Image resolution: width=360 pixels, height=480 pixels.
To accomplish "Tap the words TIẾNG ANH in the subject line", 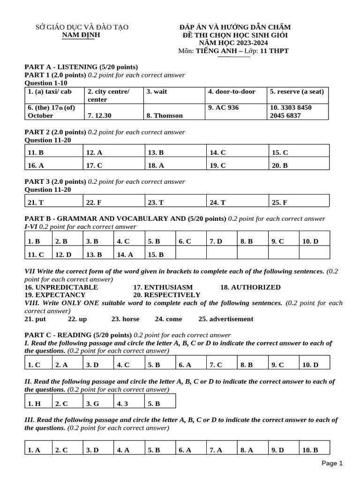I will click(217, 51).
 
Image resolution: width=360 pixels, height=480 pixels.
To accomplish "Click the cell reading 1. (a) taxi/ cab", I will click(50, 92).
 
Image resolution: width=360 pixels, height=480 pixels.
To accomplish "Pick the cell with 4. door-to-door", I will click(232, 92).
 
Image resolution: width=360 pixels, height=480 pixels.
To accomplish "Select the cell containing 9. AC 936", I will click(223, 108).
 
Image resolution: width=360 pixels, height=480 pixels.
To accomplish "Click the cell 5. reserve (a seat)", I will click(297, 92).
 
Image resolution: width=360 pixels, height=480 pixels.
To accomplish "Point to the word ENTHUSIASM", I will click(163, 287).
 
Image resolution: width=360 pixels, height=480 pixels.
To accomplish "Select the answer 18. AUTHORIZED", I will click(250, 287).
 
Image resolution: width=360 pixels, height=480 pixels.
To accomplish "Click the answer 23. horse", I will click(125, 319).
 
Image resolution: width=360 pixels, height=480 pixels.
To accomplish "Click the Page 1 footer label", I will click(332, 463).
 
